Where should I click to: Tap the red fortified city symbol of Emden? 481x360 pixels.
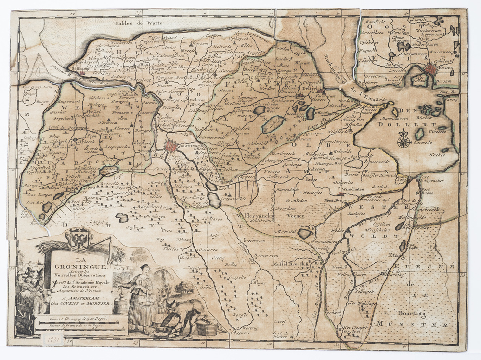pyautogui.click(x=430, y=70)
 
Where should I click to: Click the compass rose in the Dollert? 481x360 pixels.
pyautogui.click(x=403, y=141)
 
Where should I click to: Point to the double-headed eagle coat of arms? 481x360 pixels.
pyautogui.click(x=79, y=239)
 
